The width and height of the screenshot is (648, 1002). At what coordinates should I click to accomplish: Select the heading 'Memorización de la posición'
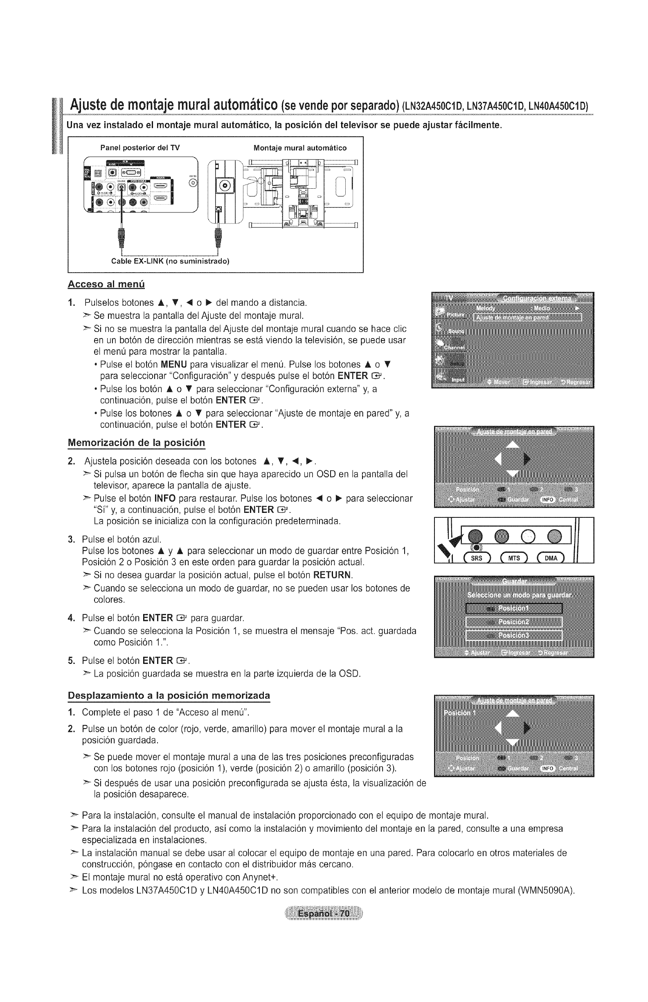(x=136, y=442)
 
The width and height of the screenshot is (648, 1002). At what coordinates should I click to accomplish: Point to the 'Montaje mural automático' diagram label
(x=300, y=148)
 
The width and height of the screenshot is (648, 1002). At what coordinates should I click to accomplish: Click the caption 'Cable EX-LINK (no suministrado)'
(x=170, y=261)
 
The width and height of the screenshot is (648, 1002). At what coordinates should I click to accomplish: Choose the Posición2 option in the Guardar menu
(x=514, y=622)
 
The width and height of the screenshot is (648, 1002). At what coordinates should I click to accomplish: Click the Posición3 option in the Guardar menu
(x=514, y=636)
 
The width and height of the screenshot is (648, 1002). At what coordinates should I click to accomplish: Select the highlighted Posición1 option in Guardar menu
(x=514, y=609)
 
